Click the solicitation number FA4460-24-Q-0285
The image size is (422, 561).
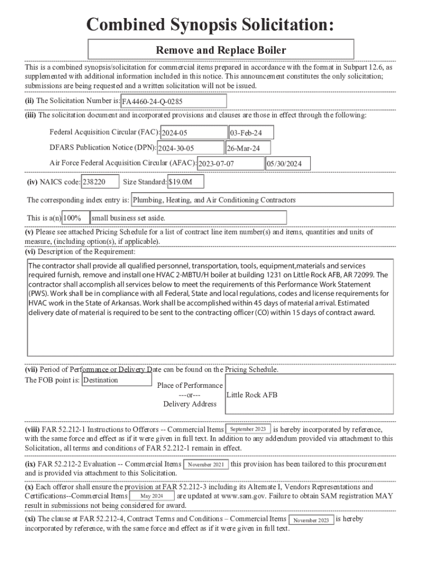click(170, 102)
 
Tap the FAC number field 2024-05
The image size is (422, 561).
click(193, 133)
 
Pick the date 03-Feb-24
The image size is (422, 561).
click(250, 133)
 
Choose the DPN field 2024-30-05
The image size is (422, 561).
click(190, 148)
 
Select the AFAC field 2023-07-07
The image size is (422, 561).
click(230, 163)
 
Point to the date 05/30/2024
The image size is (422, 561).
click(288, 163)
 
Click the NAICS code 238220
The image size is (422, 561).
click(100, 182)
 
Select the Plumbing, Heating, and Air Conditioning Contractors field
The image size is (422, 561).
click(262, 200)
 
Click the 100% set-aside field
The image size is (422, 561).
click(75, 218)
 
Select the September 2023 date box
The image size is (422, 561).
click(248, 429)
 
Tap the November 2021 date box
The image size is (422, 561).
click(206, 465)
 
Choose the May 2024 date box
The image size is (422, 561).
click(152, 496)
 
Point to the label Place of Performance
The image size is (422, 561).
click(190, 385)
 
